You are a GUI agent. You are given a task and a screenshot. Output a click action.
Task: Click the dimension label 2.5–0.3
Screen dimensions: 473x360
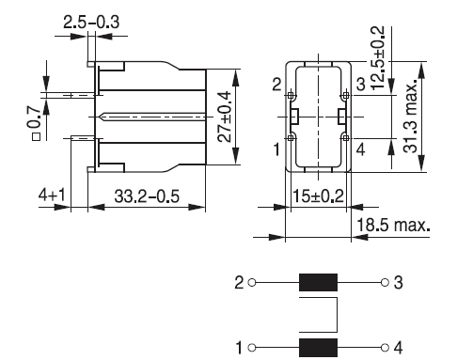[x=91, y=23]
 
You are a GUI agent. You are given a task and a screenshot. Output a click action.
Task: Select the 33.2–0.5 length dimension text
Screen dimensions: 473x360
[x=147, y=196]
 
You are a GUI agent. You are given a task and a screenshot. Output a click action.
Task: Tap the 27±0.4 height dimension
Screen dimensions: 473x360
[x=225, y=117]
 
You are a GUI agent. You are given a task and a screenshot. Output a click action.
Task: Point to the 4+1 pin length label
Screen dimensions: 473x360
[x=52, y=195]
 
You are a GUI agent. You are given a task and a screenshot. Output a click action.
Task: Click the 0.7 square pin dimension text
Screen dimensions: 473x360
[x=36, y=123]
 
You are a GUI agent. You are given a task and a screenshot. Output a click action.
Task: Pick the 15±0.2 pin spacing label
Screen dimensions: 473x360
[x=318, y=196]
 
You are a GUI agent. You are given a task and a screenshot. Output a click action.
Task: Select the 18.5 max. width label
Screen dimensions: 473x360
[x=393, y=225]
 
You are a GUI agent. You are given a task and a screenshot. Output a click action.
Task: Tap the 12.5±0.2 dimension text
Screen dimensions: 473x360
[x=378, y=57]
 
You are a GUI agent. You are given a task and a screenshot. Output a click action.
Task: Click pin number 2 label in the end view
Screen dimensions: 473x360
[x=276, y=85]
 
